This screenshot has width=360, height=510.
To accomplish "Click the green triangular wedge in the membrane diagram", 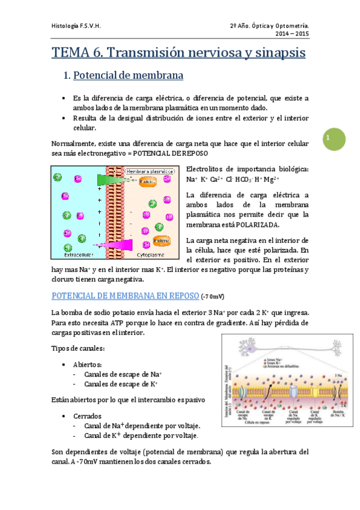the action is [108, 179].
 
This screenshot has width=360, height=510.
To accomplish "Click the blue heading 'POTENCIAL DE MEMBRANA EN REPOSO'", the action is [125, 296].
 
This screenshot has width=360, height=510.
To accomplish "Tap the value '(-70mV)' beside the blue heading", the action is [215, 296].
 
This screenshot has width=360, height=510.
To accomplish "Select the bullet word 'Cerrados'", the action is [87, 416].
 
